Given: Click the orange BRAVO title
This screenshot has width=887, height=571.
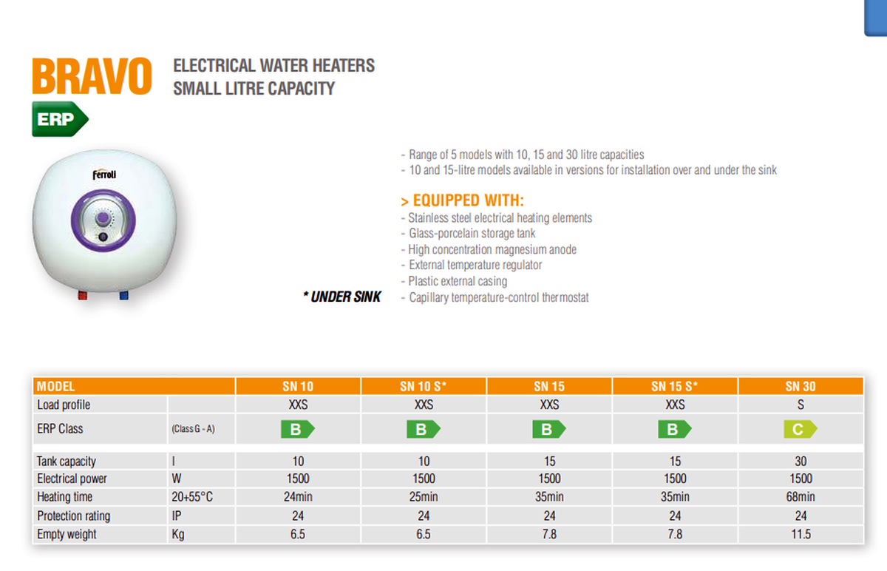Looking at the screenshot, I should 92,76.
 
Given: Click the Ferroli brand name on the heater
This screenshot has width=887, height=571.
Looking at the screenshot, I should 104,175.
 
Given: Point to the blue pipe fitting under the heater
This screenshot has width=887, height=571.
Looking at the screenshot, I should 123,296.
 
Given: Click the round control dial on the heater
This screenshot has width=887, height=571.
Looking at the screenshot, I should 104,220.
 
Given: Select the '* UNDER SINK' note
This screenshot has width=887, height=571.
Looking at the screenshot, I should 342,297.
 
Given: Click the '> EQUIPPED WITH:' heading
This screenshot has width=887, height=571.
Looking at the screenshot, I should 462,201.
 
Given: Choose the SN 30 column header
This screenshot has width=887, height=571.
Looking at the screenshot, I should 801,386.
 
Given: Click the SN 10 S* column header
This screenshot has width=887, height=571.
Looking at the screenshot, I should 424,386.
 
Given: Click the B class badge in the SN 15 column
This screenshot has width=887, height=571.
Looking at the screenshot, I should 548,429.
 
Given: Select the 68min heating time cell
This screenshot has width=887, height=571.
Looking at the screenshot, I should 801,497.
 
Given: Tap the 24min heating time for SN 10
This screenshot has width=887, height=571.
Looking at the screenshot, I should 298,497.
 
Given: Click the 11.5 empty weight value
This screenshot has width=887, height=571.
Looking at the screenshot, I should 801,533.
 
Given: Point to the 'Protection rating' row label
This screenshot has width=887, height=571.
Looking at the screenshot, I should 73,516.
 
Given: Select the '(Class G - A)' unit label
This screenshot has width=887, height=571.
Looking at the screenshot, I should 193,429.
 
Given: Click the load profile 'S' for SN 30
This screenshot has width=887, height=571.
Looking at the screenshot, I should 801,405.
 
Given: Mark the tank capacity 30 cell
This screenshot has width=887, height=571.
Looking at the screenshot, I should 801,462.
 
